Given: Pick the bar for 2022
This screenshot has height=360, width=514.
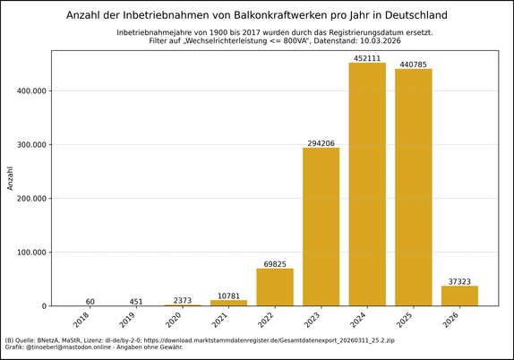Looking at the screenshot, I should coord(275,287).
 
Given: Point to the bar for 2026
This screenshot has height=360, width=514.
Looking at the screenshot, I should coord(459,296).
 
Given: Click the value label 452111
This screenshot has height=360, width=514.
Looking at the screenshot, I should coord(367,57).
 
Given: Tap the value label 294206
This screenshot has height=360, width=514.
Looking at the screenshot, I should coord(321,142).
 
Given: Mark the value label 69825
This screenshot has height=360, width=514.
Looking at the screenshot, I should coord(275,263).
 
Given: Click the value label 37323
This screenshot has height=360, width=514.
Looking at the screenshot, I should coord(459,280).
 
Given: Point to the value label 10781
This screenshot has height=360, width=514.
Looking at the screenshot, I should coord(228,295).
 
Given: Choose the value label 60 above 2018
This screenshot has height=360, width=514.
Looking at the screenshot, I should coord(90,301).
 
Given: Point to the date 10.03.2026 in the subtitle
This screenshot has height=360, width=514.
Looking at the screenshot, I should coord(373,41).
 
